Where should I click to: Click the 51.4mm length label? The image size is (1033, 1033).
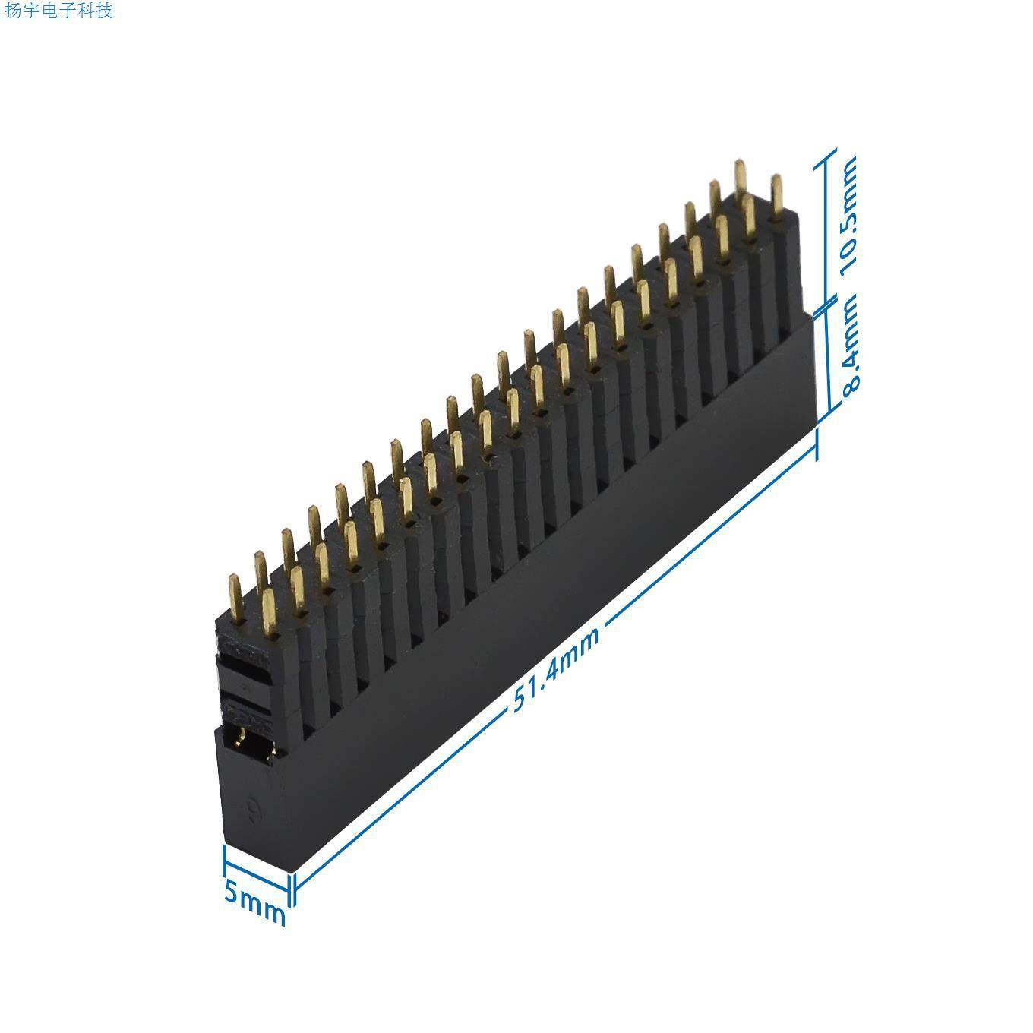555,668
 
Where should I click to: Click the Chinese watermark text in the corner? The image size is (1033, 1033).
58,11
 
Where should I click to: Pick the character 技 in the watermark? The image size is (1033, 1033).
104,11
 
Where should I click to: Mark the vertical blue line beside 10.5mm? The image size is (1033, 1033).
826,228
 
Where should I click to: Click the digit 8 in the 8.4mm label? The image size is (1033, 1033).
850,379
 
